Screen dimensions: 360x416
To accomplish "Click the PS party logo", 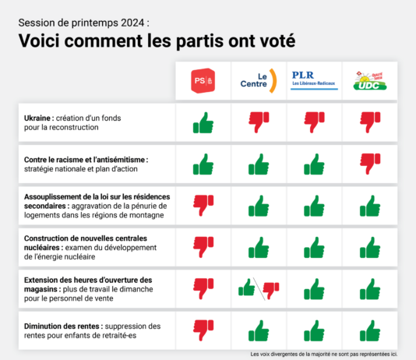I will [203, 79].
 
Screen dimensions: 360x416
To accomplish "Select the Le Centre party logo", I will [259, 80].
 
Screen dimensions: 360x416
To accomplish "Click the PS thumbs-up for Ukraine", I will [203, 122].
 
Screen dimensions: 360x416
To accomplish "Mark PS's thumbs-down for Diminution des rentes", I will [203, 330].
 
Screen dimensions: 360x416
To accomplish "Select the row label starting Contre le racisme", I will [86, 159].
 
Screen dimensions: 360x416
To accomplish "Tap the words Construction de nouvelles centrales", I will [86, 238].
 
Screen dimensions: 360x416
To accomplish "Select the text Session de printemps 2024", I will [80, 22].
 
